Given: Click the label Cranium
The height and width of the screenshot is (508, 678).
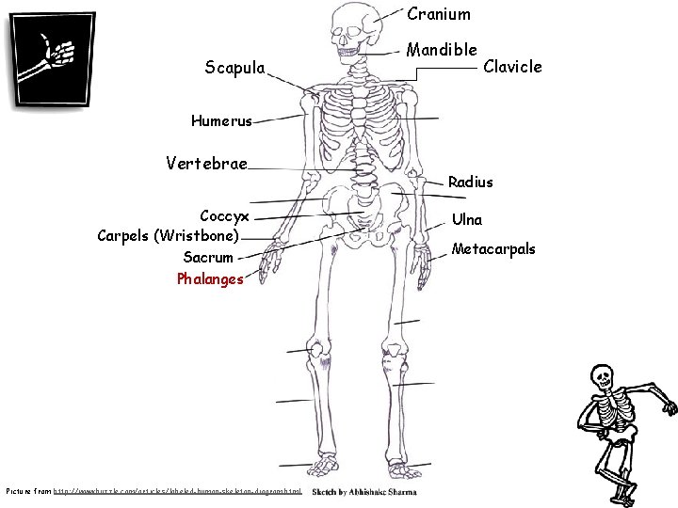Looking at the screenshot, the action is click(439, 14).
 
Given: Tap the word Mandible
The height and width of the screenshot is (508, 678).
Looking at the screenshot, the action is click(442, 49).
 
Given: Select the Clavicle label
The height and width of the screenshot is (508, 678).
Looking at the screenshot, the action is click(512, 67).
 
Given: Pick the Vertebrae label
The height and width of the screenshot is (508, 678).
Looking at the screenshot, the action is click(206, 163).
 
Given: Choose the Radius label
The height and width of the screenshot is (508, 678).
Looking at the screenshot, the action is click(471, 181).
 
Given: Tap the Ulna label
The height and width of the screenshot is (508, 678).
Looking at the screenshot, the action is click(467, 219).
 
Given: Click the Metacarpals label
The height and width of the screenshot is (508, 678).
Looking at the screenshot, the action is click(493, 249).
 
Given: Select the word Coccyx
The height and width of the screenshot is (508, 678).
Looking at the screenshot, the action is click(224, 216).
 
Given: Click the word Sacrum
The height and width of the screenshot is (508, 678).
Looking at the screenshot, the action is click(208, 257).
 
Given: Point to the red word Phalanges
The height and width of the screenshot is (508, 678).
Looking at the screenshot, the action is click(210, 278).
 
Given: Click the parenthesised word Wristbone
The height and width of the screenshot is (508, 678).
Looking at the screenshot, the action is click(202, 235).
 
